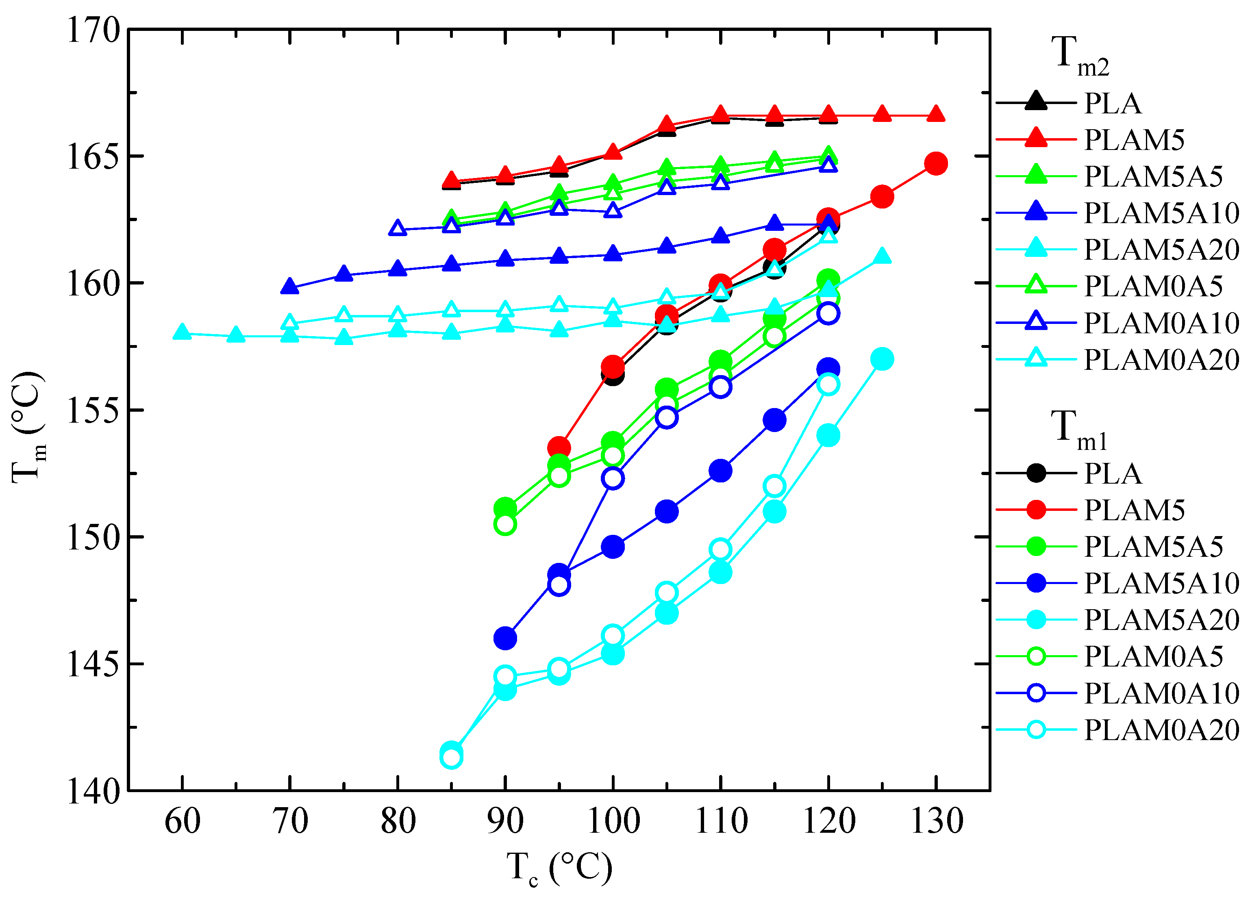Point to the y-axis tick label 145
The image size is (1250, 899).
point(93,664)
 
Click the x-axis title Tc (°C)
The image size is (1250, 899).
point(559,869)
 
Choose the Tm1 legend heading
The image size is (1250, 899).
point(1078,429)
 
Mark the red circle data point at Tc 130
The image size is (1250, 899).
point(936,164)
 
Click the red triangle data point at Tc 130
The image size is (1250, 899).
point(936,114)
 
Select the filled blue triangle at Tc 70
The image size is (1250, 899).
point(290,287)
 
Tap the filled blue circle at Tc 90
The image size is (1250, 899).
point(505,638)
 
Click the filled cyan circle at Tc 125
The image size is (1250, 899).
point(882,359)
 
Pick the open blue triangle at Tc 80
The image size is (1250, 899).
point(398,228)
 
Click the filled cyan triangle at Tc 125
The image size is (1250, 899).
point(882,256)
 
